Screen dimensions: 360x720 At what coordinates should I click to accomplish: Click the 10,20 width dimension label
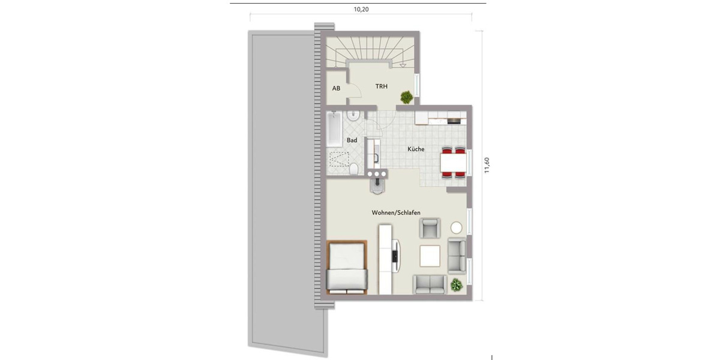(361, 9)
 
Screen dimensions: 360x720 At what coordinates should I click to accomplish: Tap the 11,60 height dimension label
(487, 165)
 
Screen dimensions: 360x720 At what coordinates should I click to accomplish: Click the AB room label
(336, 88)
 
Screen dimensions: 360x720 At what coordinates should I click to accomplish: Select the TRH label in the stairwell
(381, 86)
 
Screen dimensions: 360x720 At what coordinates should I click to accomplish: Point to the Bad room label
(352, 140)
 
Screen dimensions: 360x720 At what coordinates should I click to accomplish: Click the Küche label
(416, 149)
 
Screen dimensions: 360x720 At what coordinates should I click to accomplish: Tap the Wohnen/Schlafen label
(395, 213)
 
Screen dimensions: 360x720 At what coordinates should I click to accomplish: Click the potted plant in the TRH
(407, 96)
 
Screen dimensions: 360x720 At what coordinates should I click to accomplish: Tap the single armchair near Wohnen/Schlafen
(430, 228)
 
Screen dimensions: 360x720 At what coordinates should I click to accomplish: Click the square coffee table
(430, 256)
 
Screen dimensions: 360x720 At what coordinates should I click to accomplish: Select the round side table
(457, 227)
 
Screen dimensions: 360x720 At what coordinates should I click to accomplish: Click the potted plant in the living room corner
(457, 284)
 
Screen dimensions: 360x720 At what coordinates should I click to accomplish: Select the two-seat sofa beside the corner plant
(429, 283)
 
